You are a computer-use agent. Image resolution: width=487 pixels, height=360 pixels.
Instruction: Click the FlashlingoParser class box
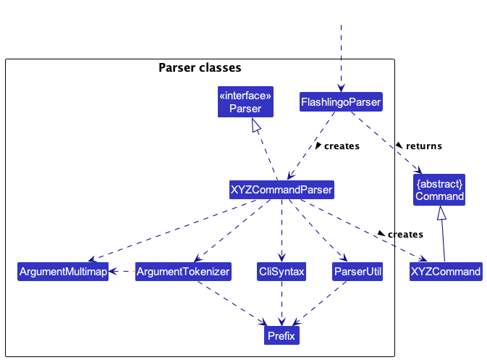tap(341, 101)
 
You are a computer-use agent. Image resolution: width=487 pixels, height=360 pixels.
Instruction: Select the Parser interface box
tap(245, 101)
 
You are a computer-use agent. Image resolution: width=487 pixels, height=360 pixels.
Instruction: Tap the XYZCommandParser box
tap(281, 190)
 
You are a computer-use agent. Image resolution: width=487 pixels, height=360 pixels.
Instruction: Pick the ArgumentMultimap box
tap(63, 272)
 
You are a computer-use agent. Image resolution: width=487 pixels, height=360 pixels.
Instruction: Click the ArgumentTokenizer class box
tap(183, 272)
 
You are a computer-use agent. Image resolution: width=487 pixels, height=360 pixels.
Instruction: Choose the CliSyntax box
tap(281, 272)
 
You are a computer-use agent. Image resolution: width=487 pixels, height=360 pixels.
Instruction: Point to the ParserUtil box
tap(357, 272)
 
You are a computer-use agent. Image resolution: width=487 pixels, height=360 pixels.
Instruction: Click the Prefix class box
tap(281, 335)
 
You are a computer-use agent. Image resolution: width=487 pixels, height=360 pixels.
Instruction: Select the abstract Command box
tap(439, 190)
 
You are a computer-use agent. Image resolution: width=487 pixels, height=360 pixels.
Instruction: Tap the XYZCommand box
tap(446, 272)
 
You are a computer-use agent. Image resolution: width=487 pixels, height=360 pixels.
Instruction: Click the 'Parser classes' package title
tap(200, 67)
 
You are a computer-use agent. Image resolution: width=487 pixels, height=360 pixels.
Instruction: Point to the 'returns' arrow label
tap(424, 146)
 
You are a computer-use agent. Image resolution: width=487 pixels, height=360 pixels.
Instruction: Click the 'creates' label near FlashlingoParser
tap(342, 146)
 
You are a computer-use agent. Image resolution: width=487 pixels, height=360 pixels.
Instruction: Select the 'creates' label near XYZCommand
tap(405, 234)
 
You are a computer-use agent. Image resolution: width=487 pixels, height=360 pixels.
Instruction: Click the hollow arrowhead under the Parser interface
tap(256, 125)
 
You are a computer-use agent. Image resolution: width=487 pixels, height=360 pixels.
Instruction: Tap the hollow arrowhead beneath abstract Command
tap(441, 213)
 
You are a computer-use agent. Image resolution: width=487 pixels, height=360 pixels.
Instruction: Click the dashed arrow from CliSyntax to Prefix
tap(281, 304)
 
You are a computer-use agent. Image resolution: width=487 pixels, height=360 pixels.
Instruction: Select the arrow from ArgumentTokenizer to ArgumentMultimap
tap(122, 272)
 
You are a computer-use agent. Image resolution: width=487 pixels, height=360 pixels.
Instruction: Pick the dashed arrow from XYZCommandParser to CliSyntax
tap(281, 230)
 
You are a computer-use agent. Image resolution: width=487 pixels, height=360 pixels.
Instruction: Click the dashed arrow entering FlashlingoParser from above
tap(341, 59)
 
